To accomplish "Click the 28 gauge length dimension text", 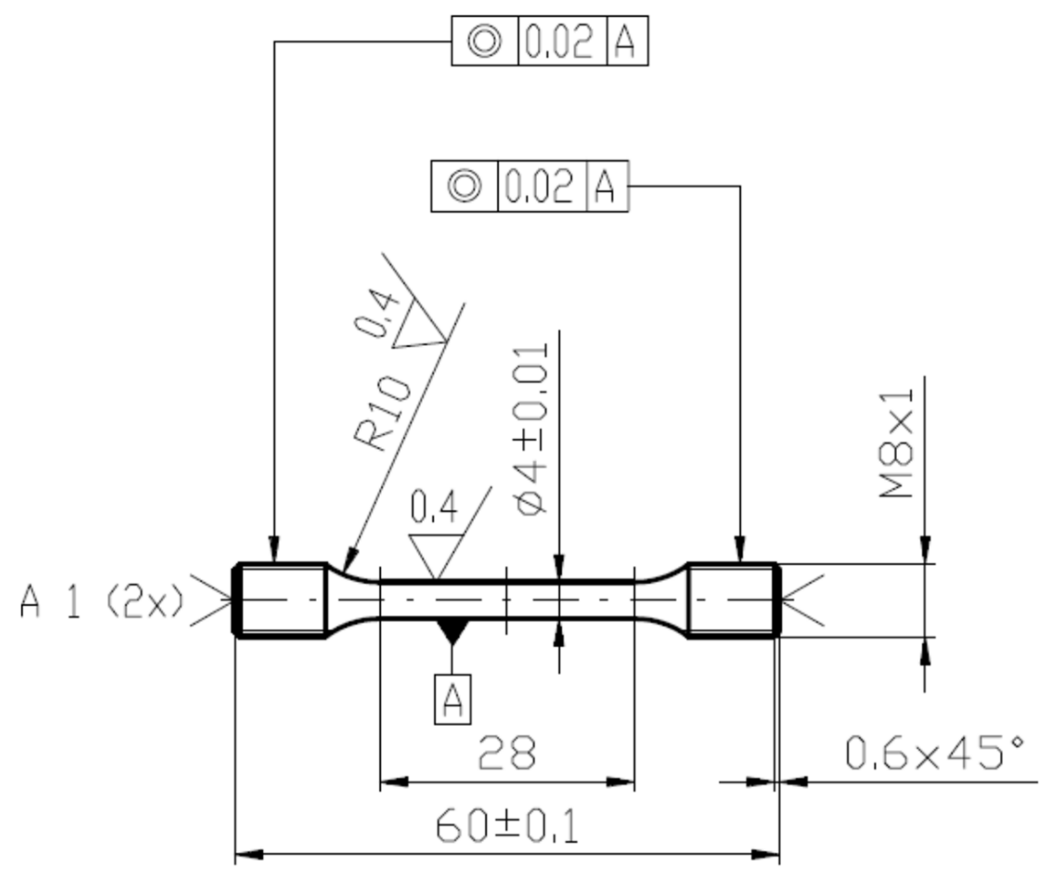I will pos(506,754).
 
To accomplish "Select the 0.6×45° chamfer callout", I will pos(934,753).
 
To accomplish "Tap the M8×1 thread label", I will pos(897,444).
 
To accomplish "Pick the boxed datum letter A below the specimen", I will pos(452,700).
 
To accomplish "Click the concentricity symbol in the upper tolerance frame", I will pos(484,40).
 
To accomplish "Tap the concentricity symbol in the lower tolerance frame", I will pos(464,186).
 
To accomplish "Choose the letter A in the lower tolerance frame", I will pos(605,186).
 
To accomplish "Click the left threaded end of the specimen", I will pos(282,600).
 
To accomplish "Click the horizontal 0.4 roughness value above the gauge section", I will pos(434,507).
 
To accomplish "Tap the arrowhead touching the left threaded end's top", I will pos(274,549).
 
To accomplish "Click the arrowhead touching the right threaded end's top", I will pos(740,549).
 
